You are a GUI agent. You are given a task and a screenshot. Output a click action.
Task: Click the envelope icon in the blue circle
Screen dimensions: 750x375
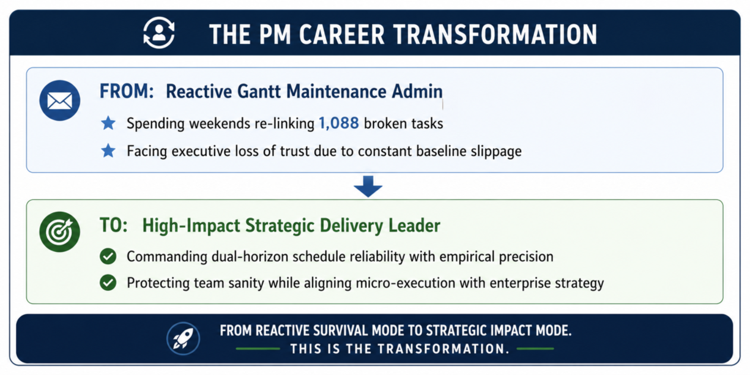coord(60,100)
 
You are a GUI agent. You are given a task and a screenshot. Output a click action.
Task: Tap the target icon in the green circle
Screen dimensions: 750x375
coord(60,231)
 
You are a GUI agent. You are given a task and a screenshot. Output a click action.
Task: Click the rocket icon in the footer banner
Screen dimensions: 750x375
coord(182,338)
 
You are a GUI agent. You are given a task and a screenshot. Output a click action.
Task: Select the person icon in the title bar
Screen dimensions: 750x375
coord(159,33)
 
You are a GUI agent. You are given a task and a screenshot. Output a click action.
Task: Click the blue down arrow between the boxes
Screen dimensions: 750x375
coord(368,187)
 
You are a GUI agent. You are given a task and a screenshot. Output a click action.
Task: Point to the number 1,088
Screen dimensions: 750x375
coord(338,124)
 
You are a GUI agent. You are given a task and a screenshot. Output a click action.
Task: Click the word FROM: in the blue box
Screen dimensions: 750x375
coord(127,92)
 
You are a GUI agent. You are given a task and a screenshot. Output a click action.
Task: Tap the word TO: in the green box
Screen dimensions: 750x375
coord(114,226)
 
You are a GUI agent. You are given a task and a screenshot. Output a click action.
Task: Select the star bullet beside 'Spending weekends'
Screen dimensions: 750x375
coord(108,124)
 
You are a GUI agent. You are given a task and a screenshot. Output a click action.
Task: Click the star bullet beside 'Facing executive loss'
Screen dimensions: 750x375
coord(108,151)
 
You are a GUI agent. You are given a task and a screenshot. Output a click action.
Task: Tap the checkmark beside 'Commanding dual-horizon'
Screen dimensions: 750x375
coord(108,257)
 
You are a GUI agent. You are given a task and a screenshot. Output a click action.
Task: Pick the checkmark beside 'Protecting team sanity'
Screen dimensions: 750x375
coord(108,283)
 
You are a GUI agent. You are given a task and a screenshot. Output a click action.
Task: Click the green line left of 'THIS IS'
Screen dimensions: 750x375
coord(258,349)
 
